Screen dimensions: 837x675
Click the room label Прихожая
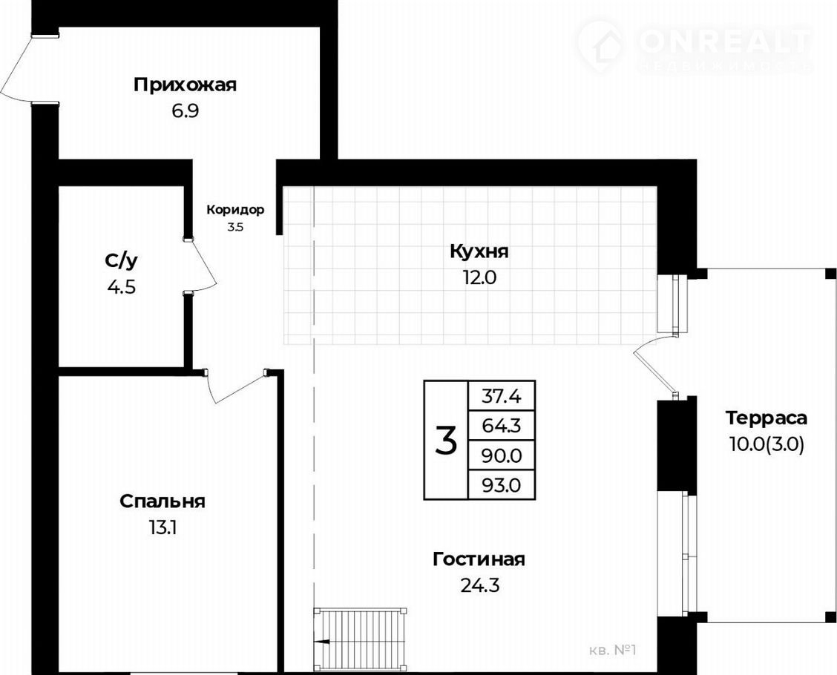pyautogui.click(x=185, y=85)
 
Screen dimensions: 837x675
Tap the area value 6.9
pyautogui.click(x=185, y=111)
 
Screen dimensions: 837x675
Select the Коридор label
pyautogui.click(x=235, y=210)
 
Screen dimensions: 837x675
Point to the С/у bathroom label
pyautogui.click(x=122, y=261)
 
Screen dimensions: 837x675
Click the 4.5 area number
pyautogui.click(x=122, y=288)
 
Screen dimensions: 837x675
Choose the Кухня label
pyautogui.click(x=479, y=252)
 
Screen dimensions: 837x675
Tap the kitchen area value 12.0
pyautogui.click(x=479, y=277)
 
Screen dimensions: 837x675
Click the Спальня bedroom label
pyautogui.click(x=163, y=502)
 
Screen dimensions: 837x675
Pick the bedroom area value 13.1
pyautogui.click(x=163, y=528)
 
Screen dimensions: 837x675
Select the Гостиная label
pyautogui.click(x=479, y=559)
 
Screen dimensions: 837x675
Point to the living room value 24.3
pyautogui.click(x=479, y=585)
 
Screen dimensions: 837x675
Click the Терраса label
pyautogui.click(x=766, y=418)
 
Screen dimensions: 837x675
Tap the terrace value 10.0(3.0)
pyautogui.click(x=766, y=444)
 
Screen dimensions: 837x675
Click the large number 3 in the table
pyautogui.click(x=446, y=441)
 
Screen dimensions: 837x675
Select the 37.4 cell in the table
pyautogui.click(x=502, y=396)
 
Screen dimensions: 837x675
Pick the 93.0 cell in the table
pyautogui.click(x=502, y=485)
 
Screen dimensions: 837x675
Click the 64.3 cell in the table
pyautogui.click(x=502, y=426)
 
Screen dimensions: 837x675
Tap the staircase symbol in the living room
pyautogui.click(x=361, y=639)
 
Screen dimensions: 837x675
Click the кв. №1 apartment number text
pyautogui.click(x=613, y=651)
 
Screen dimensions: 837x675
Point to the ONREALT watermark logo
pyautogui.click(x=694, y=45)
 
